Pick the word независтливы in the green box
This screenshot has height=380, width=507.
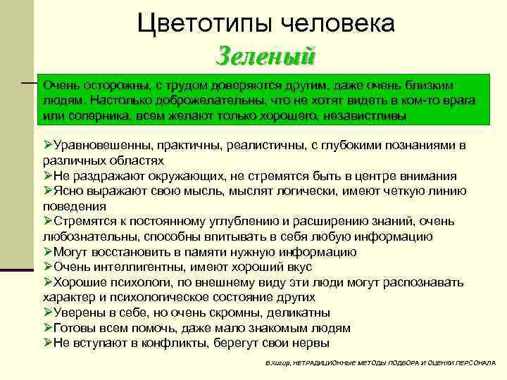point(368,115)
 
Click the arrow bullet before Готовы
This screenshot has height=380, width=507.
point(48,328)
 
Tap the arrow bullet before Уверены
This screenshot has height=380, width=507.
point(48,312)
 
